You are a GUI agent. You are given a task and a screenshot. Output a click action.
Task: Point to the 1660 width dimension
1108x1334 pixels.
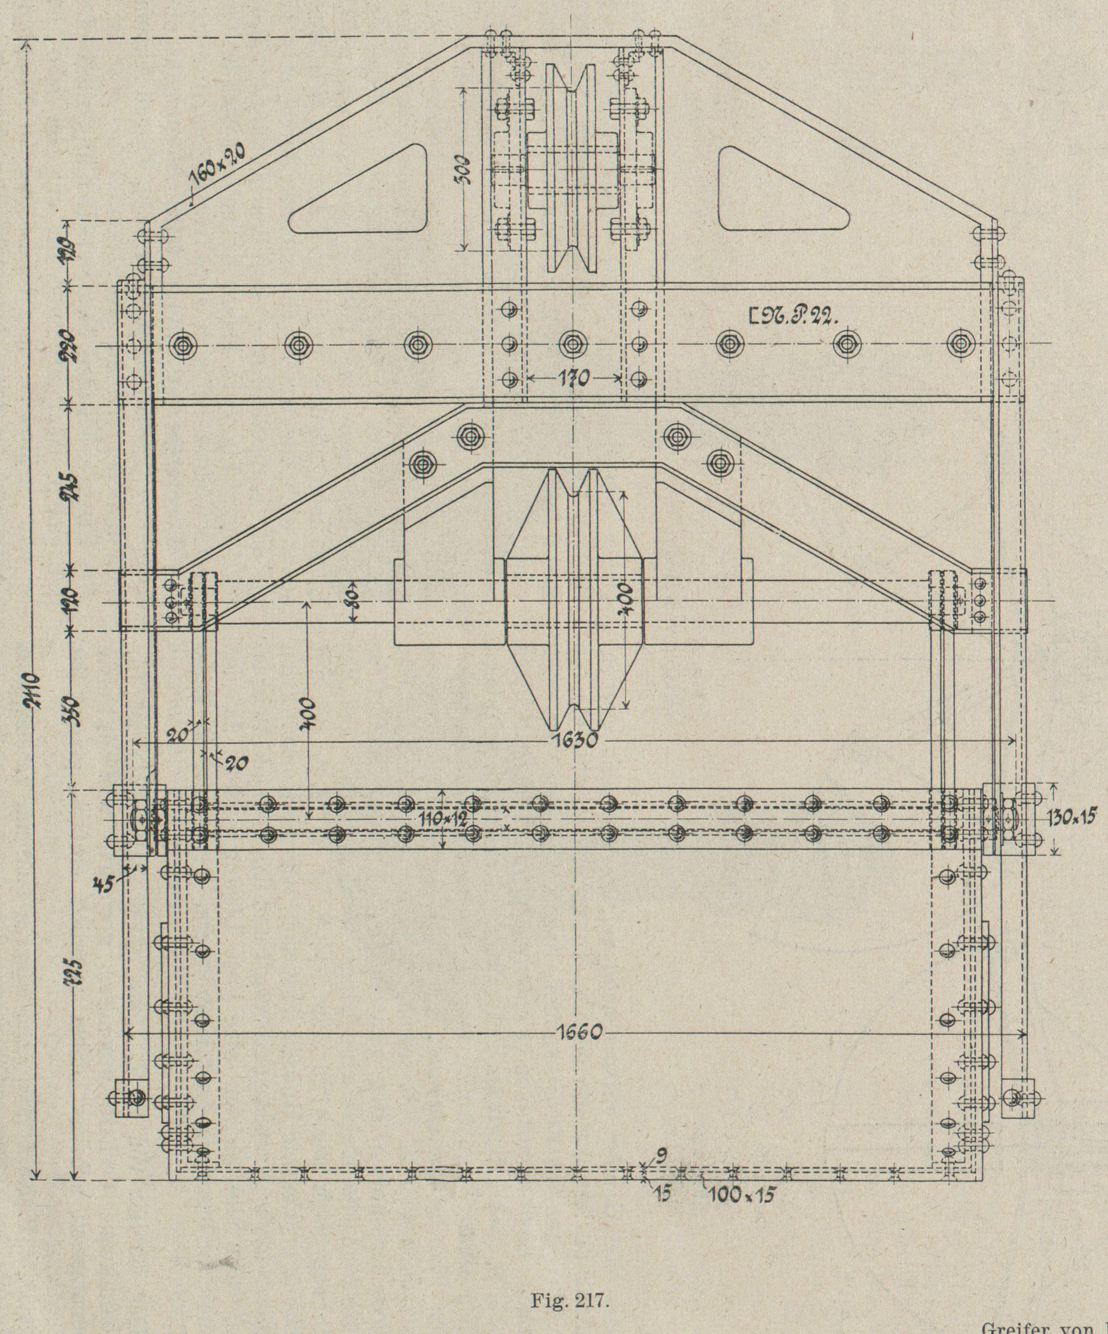click(580, 1032)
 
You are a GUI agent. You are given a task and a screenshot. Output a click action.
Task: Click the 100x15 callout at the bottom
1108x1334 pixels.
click(742, 1194)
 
